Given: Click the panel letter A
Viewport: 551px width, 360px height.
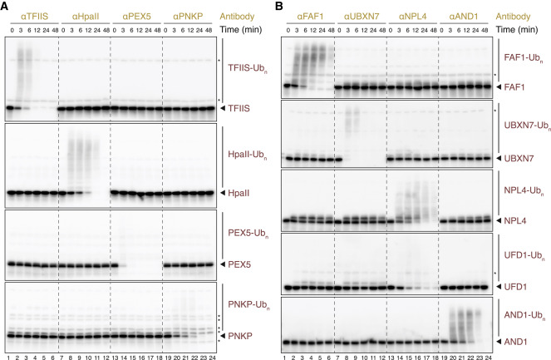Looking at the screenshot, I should (6, 7).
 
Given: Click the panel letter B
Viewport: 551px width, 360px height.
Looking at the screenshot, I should (280, 7).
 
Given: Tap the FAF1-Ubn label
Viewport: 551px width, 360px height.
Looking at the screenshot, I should (519, 58).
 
